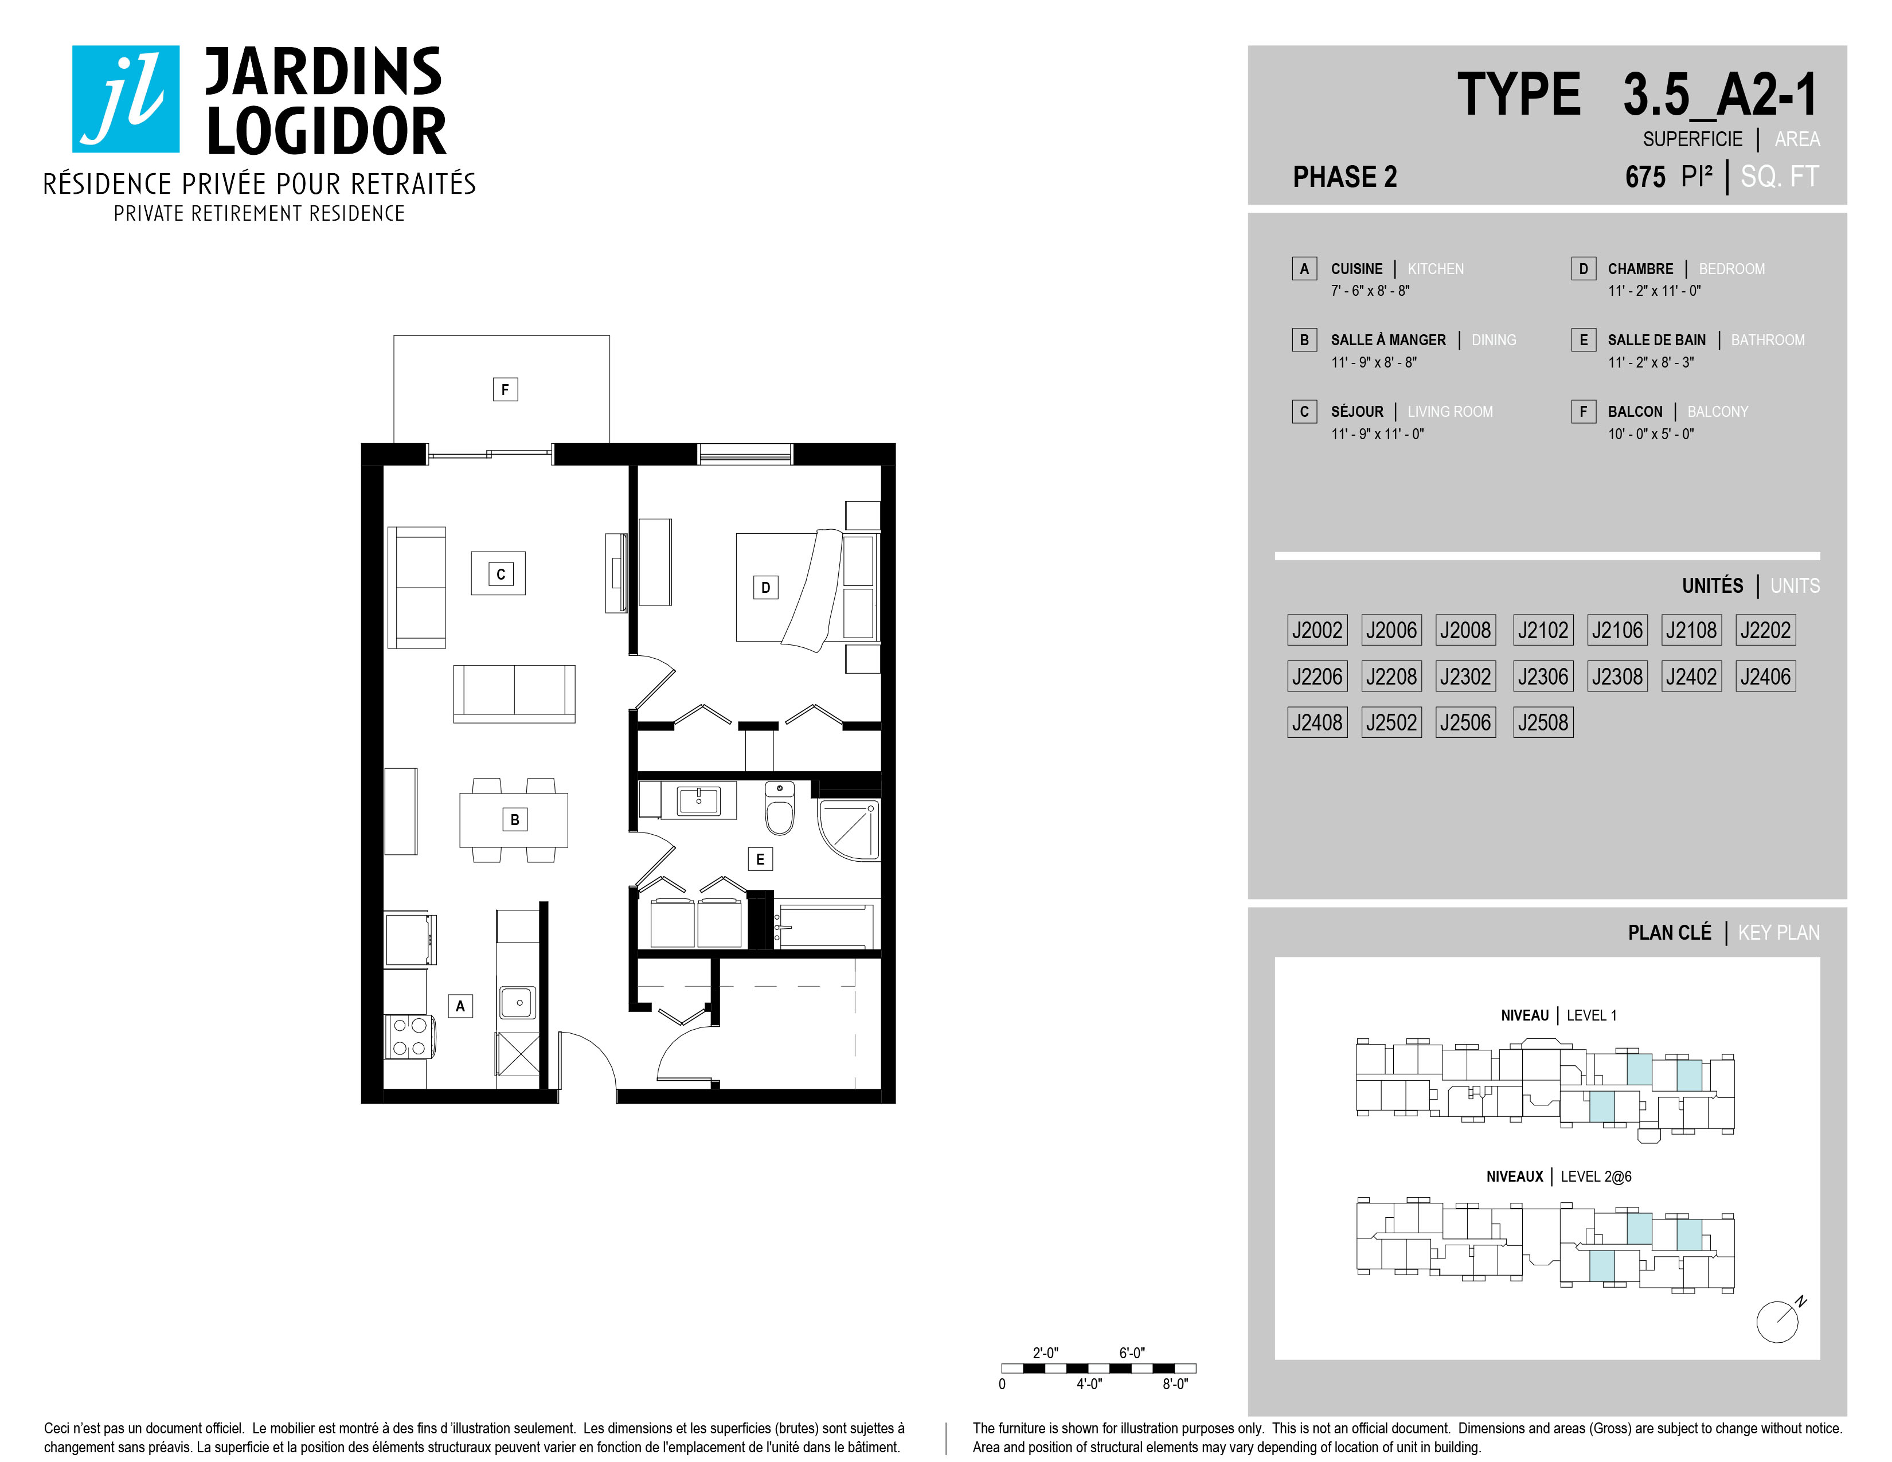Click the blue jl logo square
pyautogui.click(x=126, y=99)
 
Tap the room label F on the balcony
pyautogui.click(x=505, y=390)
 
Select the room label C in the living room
pyautogui.click(x=501, y=574)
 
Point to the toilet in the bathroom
pyautogui.click(x=780, y=807)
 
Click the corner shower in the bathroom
pyautogui.click(x=849, y=830)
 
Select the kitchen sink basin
pyautogui.click(x=518, y=1003)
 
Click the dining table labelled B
pyautogui.click(x=514, y=819)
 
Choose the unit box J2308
pyautogui.click(x=1617, y=677)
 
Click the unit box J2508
pyautogui.click(x=1543, y=722)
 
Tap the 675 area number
pyautogui.click(x=1645, y=178)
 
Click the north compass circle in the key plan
pyautogui.click(x=1777, y=1323)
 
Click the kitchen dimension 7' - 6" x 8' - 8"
pyautogui.click(x=1370, y=291)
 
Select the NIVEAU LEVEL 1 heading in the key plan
pyautogui.click(x=1558, y=1015)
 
